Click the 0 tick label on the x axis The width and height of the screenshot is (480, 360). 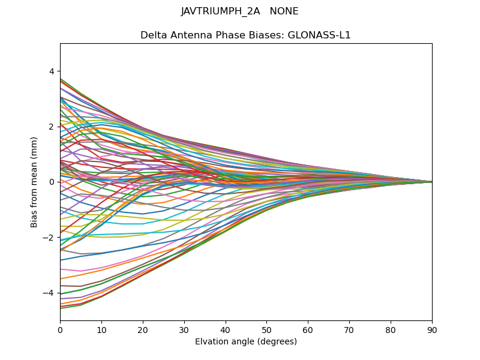(60, 329)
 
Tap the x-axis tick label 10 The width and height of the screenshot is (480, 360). (101, 329)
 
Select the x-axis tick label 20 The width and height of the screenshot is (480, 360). (143, 329)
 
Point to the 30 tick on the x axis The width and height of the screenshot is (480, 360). (184, 329)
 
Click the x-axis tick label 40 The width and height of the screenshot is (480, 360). (226, 329)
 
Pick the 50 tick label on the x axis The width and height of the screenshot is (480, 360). (266, 329)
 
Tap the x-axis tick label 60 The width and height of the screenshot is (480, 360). (308, 329)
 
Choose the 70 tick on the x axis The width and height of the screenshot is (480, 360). (349, 329)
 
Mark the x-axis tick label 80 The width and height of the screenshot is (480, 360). (391, 329)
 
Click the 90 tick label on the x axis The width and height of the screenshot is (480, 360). (432, 329)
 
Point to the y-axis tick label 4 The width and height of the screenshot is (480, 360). (52, 71)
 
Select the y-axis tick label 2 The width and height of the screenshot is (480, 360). (52, 127)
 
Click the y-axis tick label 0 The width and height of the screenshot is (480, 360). (52, 182)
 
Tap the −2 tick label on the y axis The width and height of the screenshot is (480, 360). (49, 238)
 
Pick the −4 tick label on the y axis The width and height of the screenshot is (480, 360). (49, 293)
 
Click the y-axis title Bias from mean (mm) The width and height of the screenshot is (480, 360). (34, 182)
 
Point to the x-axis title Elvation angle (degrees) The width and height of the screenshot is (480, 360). (246, 341)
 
